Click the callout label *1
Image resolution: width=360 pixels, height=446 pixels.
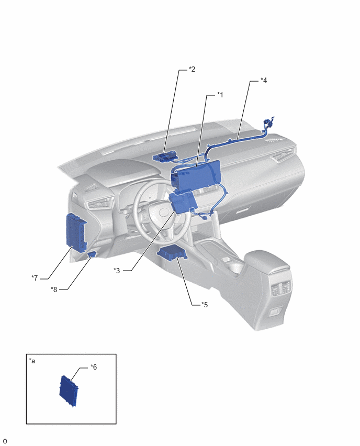tap(220, 95)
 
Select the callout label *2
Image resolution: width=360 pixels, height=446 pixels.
tap(192, 69)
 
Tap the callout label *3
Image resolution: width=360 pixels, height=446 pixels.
tap(117, 271)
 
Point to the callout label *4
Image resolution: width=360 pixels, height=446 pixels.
tap(264, 80)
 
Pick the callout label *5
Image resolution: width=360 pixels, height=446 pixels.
tap(205, 305)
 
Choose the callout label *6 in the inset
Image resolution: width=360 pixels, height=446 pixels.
tap(94, 367)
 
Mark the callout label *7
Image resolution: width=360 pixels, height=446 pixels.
tap(35, 278)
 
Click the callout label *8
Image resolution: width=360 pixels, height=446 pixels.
tap(54, 289)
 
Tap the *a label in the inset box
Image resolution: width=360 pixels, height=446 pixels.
tap(32, 361)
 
